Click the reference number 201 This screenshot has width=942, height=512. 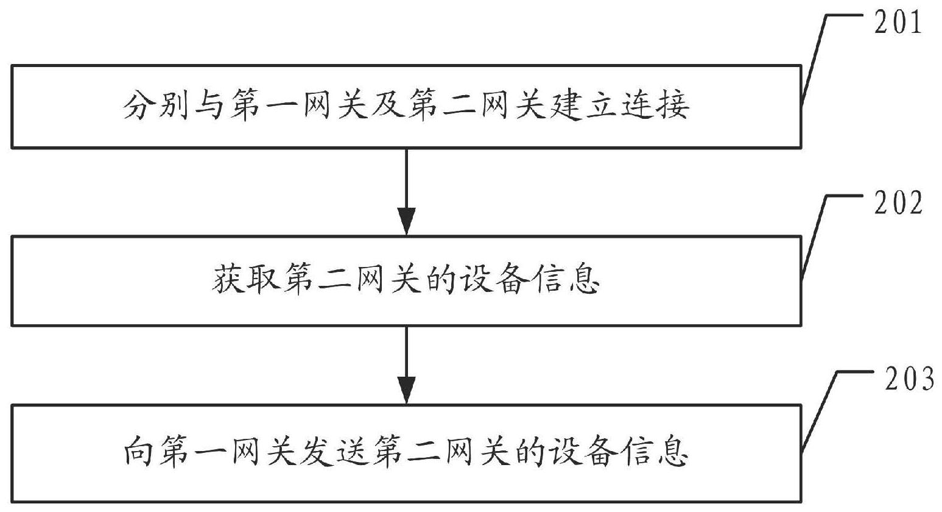[898, 23]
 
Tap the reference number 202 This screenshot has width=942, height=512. [899, 203]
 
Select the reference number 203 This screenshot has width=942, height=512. [910, 379]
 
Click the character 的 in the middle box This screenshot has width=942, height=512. [440, 279]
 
